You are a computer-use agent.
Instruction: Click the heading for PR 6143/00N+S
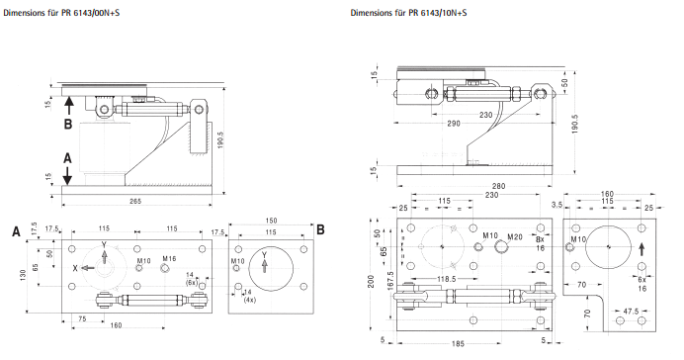click(61, 13)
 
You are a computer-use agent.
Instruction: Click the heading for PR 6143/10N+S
click(409, 13)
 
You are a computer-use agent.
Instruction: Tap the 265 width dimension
click(135, 201)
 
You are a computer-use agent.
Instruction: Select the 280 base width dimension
click(498, 186)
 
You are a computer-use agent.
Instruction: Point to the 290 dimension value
click(454, 124)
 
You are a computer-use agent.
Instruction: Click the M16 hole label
click(169, 259)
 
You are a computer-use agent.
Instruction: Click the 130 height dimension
click(23, 276)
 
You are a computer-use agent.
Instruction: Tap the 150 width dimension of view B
click(271, 221)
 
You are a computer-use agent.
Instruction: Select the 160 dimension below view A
click(116, 325)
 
